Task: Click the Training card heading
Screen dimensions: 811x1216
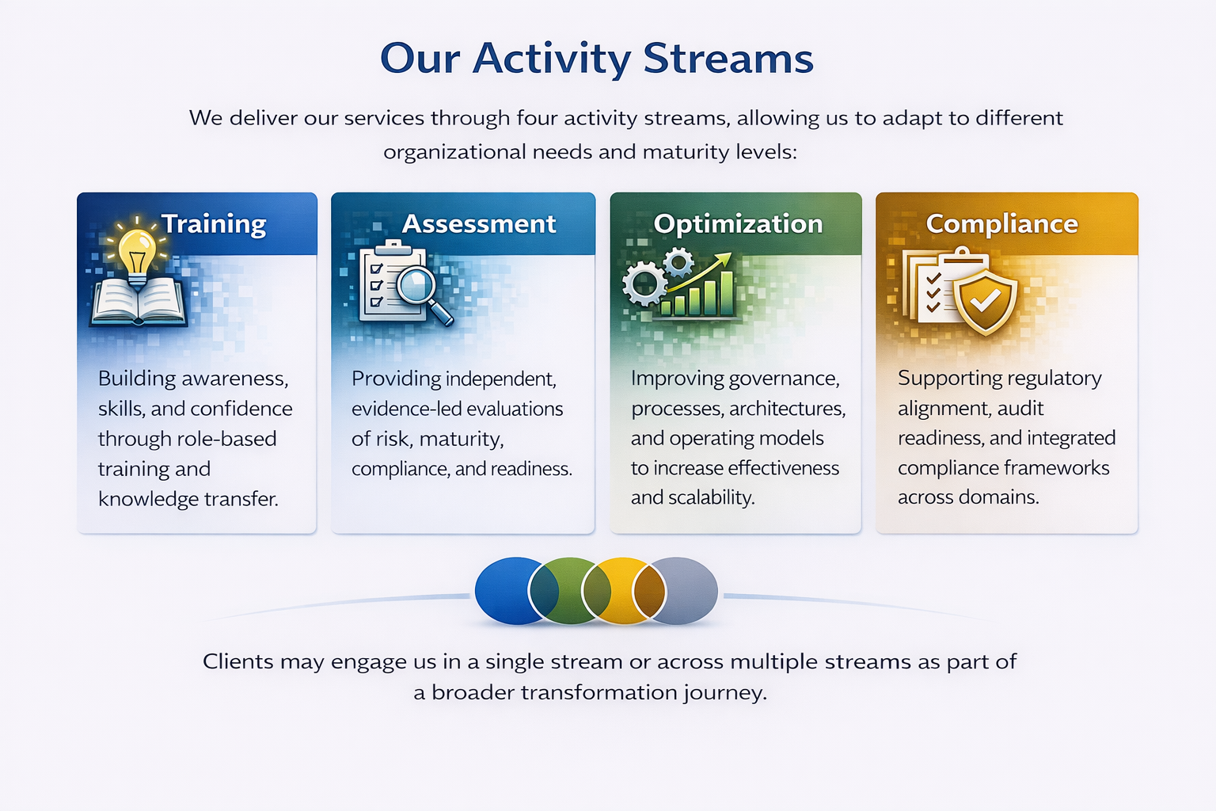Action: pos(214,224)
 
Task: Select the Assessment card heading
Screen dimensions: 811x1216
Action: pos(479,224)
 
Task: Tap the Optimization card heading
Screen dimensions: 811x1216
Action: pos(738,224)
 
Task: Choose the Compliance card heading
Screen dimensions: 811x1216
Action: pos(1001,224)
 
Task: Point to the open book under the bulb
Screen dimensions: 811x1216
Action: pos(139,303)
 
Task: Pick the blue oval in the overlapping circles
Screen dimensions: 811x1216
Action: pos(503,591)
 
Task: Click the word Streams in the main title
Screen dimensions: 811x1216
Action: pos(728,59)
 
